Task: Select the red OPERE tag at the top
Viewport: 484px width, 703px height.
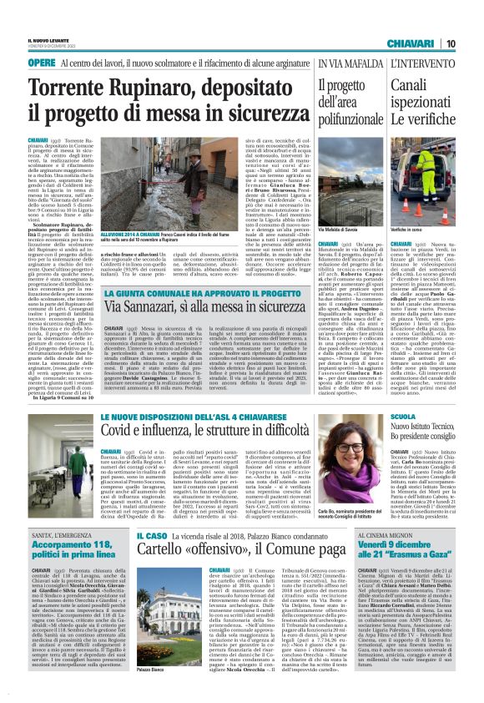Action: pyautogui.click(x=42, y=63)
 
